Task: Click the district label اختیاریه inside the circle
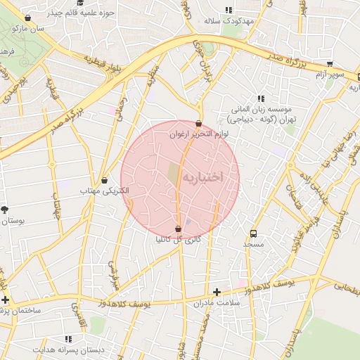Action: click(202, 177)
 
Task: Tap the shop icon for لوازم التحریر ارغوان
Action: click(199, 123)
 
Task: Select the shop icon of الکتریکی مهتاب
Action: click(105, 180)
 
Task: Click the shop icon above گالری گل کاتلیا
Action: click(178, 229)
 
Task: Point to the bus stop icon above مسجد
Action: click(253, 233)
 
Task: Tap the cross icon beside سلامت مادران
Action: click(217, 292)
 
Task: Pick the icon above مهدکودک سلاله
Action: click(228, 10)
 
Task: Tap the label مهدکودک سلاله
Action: click(228, 21)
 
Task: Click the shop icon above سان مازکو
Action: click(27, 18)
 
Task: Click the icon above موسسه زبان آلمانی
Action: click(261, 98)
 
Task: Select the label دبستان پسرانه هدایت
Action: click(71, 349)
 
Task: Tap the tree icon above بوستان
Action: click(5, 210)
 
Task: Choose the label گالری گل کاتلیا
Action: click(178, 240)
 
